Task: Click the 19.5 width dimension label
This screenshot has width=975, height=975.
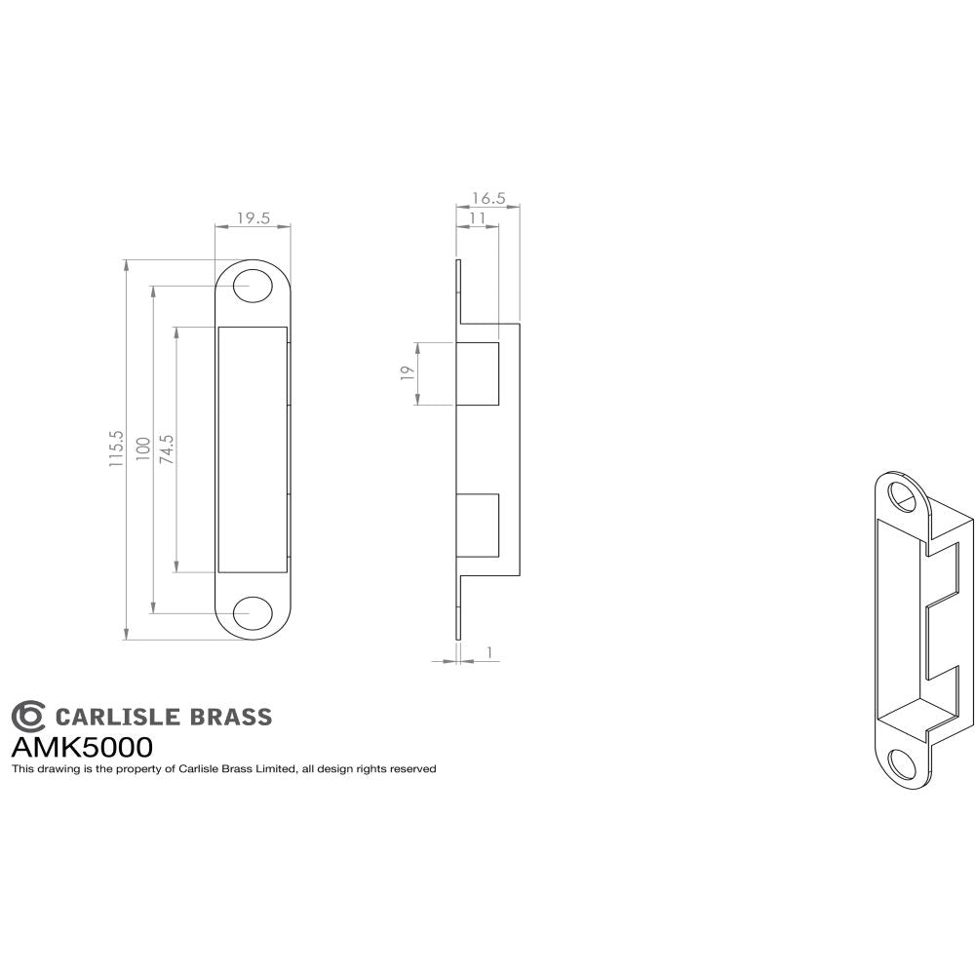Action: pyautogui.click(x=253, y=218)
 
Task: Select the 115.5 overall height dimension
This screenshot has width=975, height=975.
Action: pyautogui.click(x=116, y=449)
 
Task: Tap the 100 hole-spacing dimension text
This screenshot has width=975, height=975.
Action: pyautogui.click(x=142, y=449)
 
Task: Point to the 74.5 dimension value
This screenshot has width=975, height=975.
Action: pyautogui.click(x=166, y=449)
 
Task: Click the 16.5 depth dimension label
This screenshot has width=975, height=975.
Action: pyautogui.click(x=487, y=198)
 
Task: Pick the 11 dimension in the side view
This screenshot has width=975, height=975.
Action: pyautogui.click(x=478, y=218)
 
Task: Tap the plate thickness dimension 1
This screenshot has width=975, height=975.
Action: pyautogui.click(x=487, y=650)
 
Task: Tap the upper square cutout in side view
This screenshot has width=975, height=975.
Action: pyautogui.click(x=478, y=373)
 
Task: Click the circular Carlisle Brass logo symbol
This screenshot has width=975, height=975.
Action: pyautogui.click(x=28, y=717)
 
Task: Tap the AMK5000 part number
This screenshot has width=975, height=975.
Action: pyautogui.click(x=81, y=748)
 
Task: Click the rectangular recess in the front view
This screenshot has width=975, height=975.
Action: pyautogui.click(x=253, y=449)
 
